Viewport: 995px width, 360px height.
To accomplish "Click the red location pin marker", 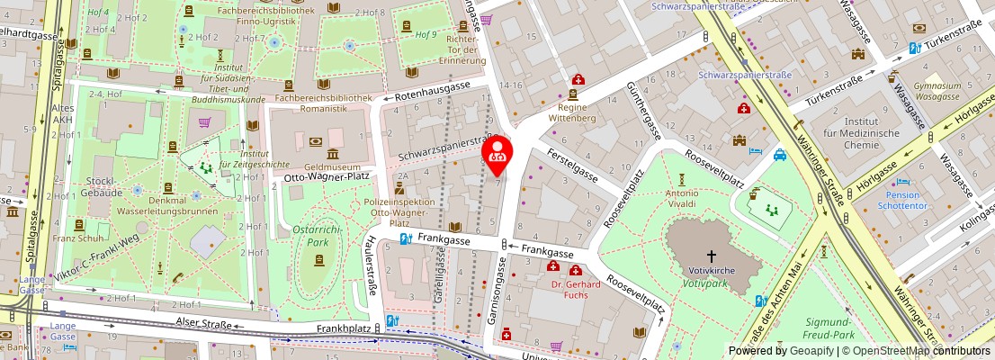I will pos(497,155).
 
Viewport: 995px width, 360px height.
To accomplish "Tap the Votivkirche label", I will pos(712,269).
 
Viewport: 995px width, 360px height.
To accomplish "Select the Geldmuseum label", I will pos(333,166).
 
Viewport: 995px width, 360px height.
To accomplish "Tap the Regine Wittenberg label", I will pos(572,112).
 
